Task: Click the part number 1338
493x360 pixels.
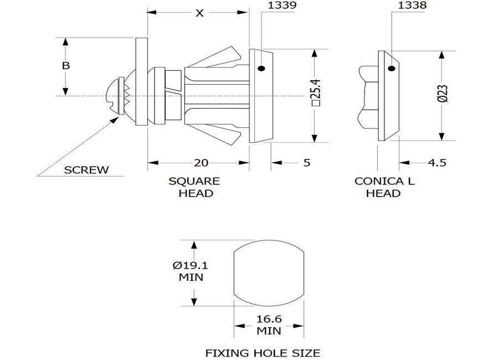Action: pos(412,6)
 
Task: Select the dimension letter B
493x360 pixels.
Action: pos(65,65)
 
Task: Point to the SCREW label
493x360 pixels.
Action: pos(86,170)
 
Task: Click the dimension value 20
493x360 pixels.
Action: pos(200,162)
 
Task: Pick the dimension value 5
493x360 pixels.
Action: pos(306,162)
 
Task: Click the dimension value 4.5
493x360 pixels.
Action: pos(436,162)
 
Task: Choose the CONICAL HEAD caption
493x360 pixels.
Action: pos(384,187)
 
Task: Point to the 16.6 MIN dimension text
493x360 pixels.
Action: pos(269,325)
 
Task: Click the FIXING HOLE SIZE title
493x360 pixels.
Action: pos(263,352)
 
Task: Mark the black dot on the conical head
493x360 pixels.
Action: pos(392,69)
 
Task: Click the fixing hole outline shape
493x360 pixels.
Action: pos(269,272)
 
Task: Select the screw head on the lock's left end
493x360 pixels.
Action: pos(115,96)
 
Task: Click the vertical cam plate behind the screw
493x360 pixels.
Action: pos(141,82)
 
